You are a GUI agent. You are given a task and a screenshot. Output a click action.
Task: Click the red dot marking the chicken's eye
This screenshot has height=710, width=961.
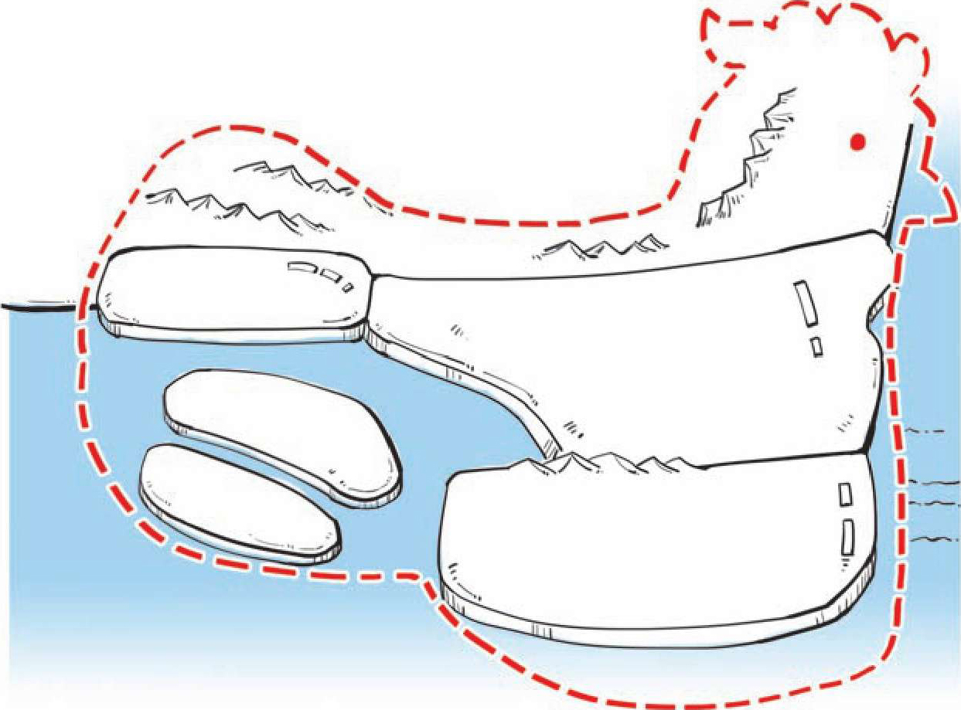[857, 141]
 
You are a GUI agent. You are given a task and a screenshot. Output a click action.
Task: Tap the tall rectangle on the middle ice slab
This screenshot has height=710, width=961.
[807, 304]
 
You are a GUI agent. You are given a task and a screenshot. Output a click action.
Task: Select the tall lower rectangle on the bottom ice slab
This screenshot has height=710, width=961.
[848, 537]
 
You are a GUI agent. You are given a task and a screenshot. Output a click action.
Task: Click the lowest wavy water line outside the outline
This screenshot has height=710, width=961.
[935, 539]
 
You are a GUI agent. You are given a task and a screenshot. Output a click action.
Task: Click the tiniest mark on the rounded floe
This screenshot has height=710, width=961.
[347, 287]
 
